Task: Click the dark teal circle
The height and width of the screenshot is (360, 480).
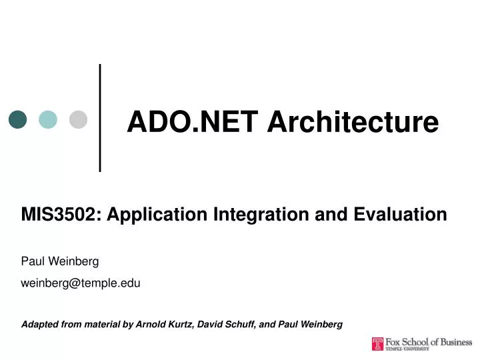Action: (x=18, y=119)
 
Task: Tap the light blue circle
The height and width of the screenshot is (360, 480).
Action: (x=48, y=119)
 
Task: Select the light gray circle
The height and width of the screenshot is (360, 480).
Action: (x=79, y=119)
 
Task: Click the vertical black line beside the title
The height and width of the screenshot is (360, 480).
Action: (x=100, y=117)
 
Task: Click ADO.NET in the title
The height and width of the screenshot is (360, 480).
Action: (x=173, y=122)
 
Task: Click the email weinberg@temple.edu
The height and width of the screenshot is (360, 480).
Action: (x=81, y=283)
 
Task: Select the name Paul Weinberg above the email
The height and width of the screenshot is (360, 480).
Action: (x=60, y=262)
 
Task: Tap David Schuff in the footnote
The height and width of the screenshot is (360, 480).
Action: (x=231, y=325)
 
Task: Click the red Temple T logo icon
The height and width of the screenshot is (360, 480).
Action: (x=378, y=344)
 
